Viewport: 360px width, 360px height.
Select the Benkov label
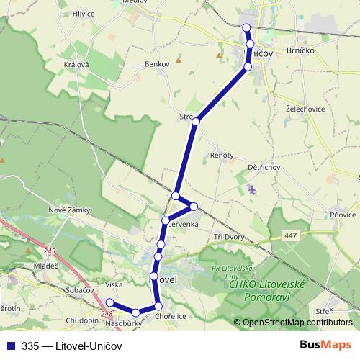[x=156, y=64]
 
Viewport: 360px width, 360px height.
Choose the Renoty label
[x=222, y=155]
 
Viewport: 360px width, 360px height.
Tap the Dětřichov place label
[x=264, y=167]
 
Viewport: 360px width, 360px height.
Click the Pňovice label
[x=341, y=214]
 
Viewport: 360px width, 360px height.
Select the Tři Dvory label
[x=230, y=238]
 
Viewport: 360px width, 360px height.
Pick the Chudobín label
[x=79, y=321]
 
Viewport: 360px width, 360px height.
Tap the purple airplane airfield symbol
[x=251, y=189]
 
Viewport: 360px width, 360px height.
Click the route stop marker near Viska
[x=109, y=302]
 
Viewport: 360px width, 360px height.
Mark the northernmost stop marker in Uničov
[x=246, y=27]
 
